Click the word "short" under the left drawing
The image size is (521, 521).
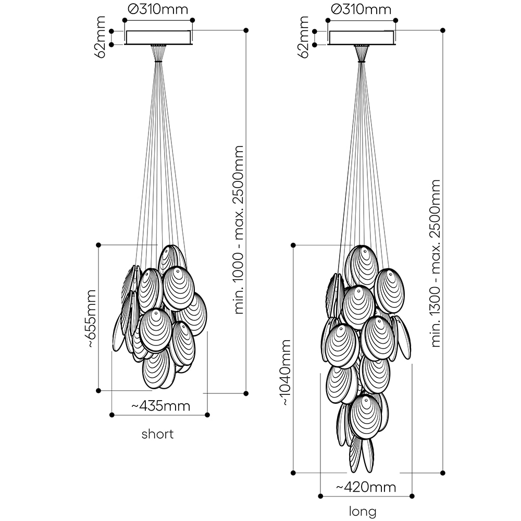point(157,434)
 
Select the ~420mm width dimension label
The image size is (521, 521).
point(366,487)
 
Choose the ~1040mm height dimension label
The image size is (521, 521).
point(286,372)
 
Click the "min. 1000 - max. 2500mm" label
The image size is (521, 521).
point(239,229)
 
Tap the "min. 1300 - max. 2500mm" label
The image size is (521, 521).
point(436,263)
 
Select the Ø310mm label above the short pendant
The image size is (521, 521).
point(158,9)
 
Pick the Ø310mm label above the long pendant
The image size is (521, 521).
point(362,9)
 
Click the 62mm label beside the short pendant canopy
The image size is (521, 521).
point(101,36)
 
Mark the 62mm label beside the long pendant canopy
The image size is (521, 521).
point(304,36)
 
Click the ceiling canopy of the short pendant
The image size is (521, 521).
point(158,38)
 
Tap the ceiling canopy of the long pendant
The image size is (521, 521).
point(362,38)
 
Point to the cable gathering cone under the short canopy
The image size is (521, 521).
point(158,54)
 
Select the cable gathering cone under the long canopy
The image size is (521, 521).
point(362,54)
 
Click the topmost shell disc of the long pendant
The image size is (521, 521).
point(362,266)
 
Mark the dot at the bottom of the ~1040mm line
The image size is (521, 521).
point(294,473)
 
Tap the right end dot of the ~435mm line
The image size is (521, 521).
point(207,415)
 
